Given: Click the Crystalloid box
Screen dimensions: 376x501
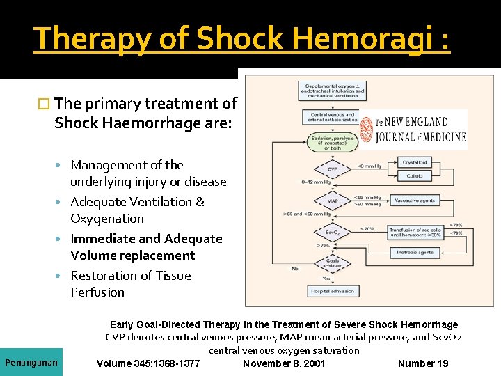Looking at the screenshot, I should [x=415, y=162].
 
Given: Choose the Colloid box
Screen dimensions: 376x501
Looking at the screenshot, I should [x=415, y=176].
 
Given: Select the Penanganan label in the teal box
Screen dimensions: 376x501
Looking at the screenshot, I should [x=31, y=363].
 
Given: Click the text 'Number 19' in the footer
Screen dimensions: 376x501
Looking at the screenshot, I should [x=423, y=363].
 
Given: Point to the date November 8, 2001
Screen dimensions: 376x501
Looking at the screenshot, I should [x=284, y=363].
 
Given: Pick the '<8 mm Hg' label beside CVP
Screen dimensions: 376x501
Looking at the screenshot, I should [x=369, y=166].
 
